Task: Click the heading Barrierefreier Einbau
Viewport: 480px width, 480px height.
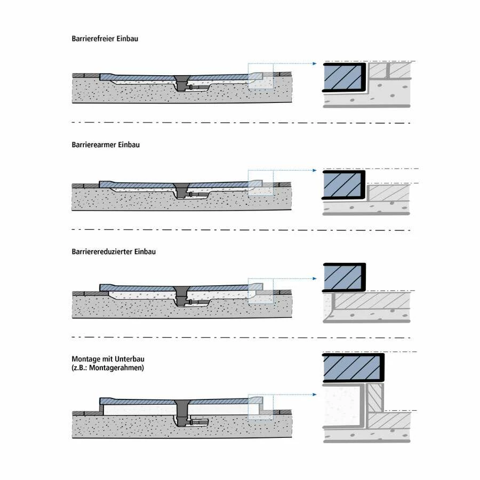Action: [x=105, y=39]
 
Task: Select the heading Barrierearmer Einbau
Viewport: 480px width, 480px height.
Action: [x=106, y=145]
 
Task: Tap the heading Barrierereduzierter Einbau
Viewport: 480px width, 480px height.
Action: [x=114, y=251]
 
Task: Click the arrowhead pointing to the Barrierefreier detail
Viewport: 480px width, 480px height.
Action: [x=318, y=65]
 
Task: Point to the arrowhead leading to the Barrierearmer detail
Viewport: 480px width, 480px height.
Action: [x=318, y=171]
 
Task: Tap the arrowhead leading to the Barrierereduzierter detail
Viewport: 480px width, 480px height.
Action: [x=318, y=278]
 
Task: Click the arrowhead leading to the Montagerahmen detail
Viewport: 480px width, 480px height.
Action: [x=318, y=395]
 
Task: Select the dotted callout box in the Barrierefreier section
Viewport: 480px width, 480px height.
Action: [x=260, y=77]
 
